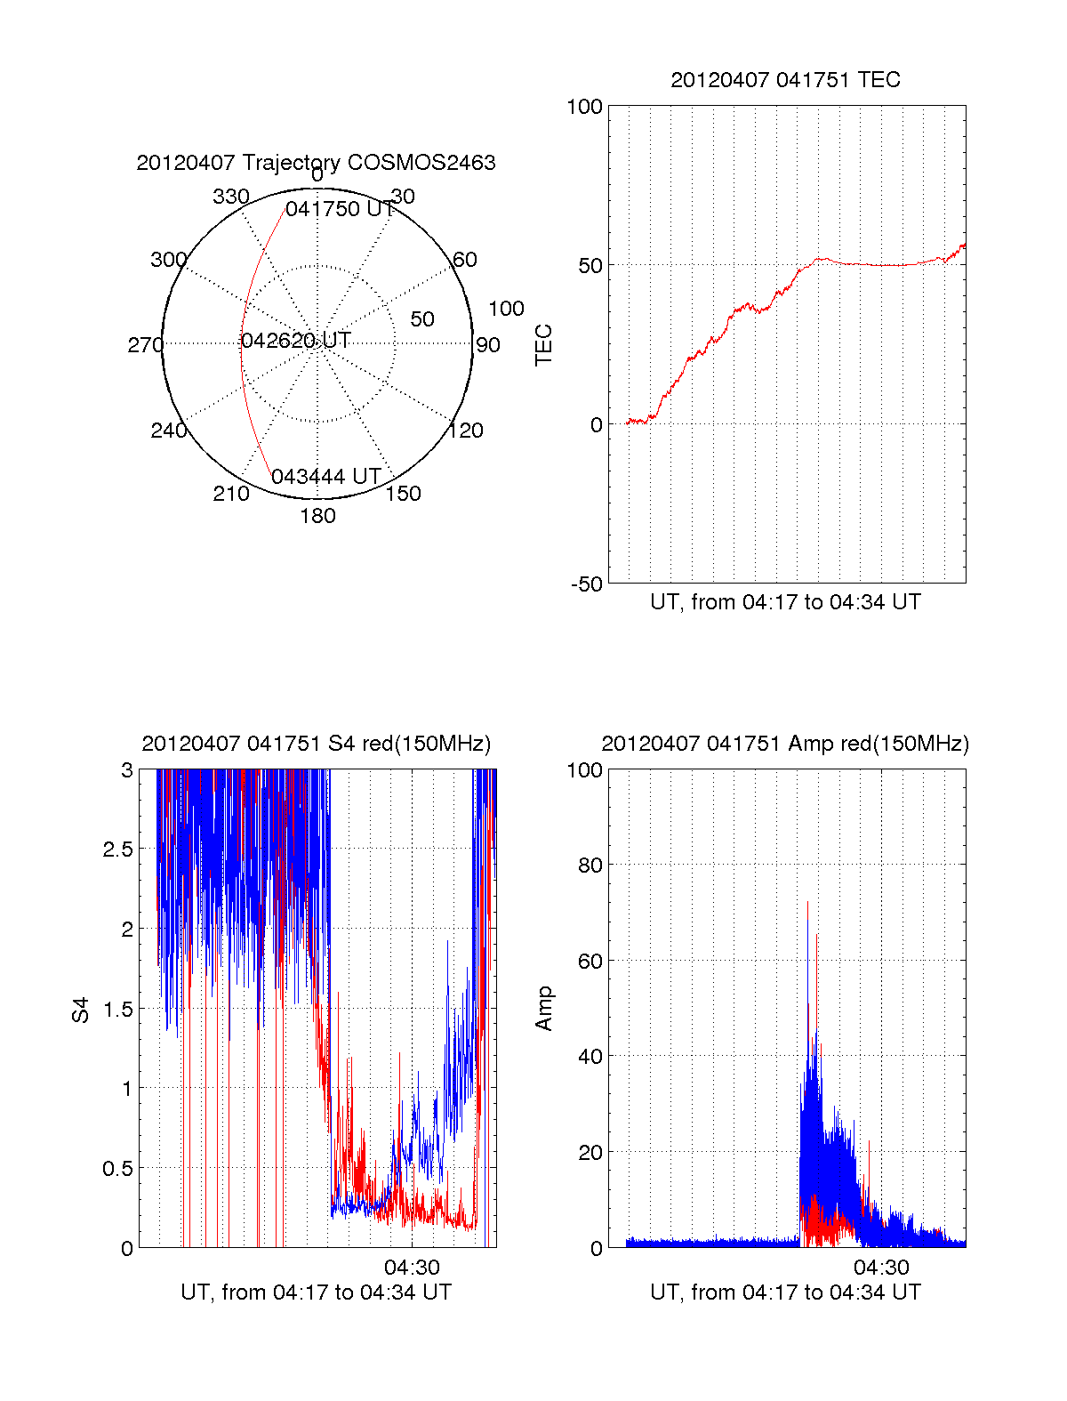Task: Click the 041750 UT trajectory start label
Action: pyautogui.click(x=340, y=209)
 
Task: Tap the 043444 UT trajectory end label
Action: pyautogui.click(x=325, y=477)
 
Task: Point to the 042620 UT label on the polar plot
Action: pyautogui.click(x=296, y=341)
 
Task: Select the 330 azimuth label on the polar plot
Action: pyautogui.click(x=231, y=197)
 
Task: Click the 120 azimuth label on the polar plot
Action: pyautogui.click(x=466, y=431)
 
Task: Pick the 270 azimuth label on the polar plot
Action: pyautogui.click(x=145, y=345)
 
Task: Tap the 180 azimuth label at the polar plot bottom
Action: pyautogui.click(x=317, y=516)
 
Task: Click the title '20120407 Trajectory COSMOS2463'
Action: pyautogui.click(x=316, y=163)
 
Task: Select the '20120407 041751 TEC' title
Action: pyautogui.click(x=785, y=80)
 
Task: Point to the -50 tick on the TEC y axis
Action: pyautogui.click(x=586, y=584)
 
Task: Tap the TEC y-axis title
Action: pyautogui.click(x=544, y=345)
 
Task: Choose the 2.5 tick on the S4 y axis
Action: pyautogui.click(x=117, y=849)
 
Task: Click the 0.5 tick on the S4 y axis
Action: pyautogui.click(x=117, y=1169)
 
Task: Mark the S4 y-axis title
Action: pyautogui.click(x=81, y=1010)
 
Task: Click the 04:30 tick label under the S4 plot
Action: pyautogui.click(x=412, y=1268)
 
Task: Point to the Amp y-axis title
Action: pyautogui.click(x=544, y=1009)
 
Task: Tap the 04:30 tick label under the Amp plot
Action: pyautogui.click(x=881, y=1268)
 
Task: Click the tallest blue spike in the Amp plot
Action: pyautogui.click(x=808, y=925)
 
